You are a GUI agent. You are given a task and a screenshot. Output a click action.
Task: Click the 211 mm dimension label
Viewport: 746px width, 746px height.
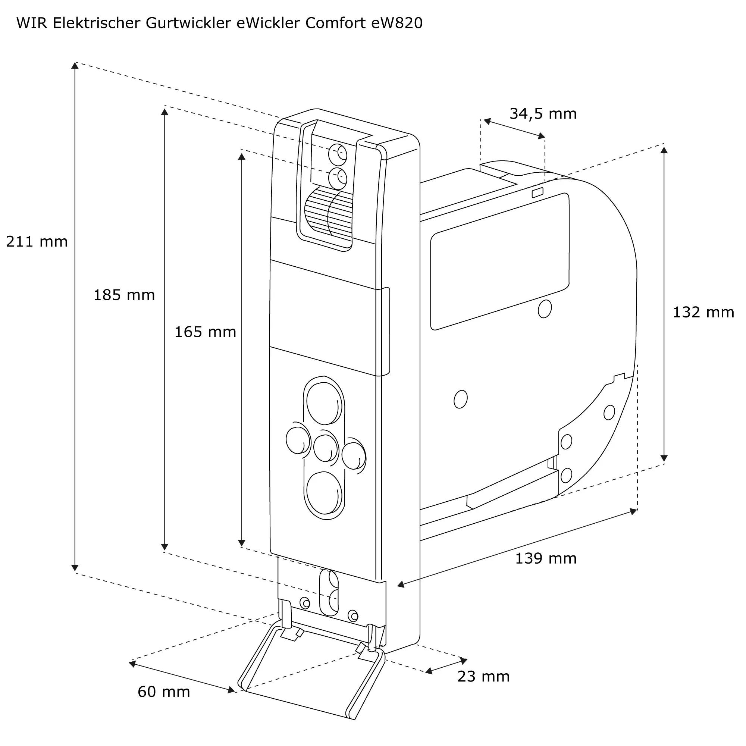(x=37, y=242)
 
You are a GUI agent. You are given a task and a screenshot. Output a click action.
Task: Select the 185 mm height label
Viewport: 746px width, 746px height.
(x=124, y=295)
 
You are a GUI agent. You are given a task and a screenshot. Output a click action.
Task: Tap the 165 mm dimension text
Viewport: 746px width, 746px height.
(x=205, y=332)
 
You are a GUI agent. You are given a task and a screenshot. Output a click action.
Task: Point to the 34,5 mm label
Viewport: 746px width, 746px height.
(x=542, y=114)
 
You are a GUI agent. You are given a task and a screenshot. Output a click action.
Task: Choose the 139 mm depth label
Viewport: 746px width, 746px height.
(x=546, y=559)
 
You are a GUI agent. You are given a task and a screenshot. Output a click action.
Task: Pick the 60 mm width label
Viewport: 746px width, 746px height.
(x=164, y=692)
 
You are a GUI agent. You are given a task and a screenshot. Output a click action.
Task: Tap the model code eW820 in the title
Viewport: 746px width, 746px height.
(x=396, y=23)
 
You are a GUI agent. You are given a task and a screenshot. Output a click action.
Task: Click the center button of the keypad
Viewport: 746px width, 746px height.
(x=325, y=448)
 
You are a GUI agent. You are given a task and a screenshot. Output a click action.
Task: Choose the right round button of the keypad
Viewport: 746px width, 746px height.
(x=353, y=456)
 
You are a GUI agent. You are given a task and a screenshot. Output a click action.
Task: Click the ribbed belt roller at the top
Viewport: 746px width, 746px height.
(x=328, y=213)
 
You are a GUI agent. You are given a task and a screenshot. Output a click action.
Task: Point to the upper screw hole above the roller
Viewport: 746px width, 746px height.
(x=338, y=154)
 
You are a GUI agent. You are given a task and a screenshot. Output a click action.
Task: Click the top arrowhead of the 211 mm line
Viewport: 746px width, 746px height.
(x=75, y=65)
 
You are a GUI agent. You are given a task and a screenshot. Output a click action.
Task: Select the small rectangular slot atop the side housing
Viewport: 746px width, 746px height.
(x=537, y=192)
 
